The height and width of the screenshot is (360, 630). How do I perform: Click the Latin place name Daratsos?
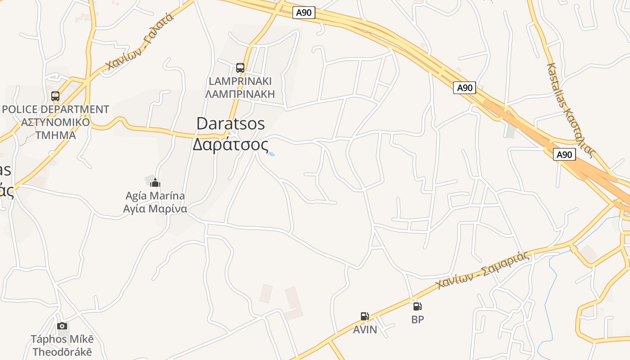[x=230, y=124]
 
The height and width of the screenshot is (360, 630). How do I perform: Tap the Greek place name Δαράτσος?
[x=230, y=145]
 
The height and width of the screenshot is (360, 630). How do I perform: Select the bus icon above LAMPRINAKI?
[x=240, y=68]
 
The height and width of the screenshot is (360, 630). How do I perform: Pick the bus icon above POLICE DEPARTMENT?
[x=55, y=96]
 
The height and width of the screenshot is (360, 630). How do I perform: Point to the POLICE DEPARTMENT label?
[x=56, y=109]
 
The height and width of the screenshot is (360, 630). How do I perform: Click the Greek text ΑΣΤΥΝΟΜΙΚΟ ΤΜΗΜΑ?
[x=56, y=129]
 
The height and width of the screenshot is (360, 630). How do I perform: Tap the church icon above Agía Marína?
[x=155, y=183]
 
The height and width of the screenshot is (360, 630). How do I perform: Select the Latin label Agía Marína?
[x=155, y=196]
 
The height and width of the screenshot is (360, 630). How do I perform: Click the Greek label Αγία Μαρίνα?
[x=155, y=209]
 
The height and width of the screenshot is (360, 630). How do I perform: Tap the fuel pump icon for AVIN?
[x=364, y=316]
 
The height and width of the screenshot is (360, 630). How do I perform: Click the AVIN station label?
[x=365, y=330]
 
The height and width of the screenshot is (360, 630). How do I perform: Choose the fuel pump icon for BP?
[x=418, y=306]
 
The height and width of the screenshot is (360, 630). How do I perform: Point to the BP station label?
[x=418, y=319]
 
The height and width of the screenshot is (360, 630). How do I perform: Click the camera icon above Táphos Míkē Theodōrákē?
[x=62, y=326]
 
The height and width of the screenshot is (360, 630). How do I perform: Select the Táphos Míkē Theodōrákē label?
[x=62, y=345]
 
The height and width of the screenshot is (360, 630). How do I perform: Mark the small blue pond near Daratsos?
[x=271, y=154]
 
